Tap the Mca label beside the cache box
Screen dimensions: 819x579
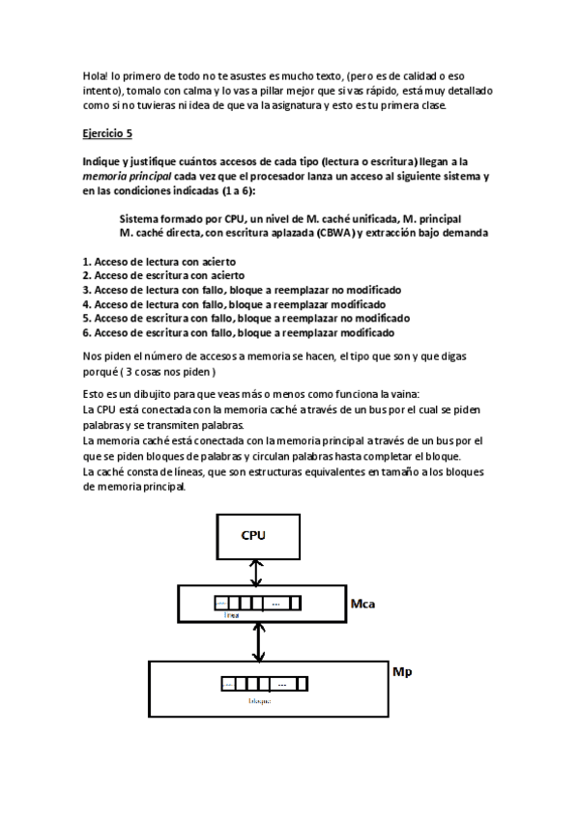(362, 604)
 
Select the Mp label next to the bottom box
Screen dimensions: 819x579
(402, 669)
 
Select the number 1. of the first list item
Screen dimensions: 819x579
(87, 262)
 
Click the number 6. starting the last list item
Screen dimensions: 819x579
(87, 332)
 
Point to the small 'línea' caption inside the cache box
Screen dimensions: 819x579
(230, 613)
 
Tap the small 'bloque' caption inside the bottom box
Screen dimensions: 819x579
(259, 700)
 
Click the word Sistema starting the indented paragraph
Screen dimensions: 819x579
(141, 218)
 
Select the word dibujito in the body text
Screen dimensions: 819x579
(159, 395)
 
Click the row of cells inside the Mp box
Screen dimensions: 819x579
(263, 684)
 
